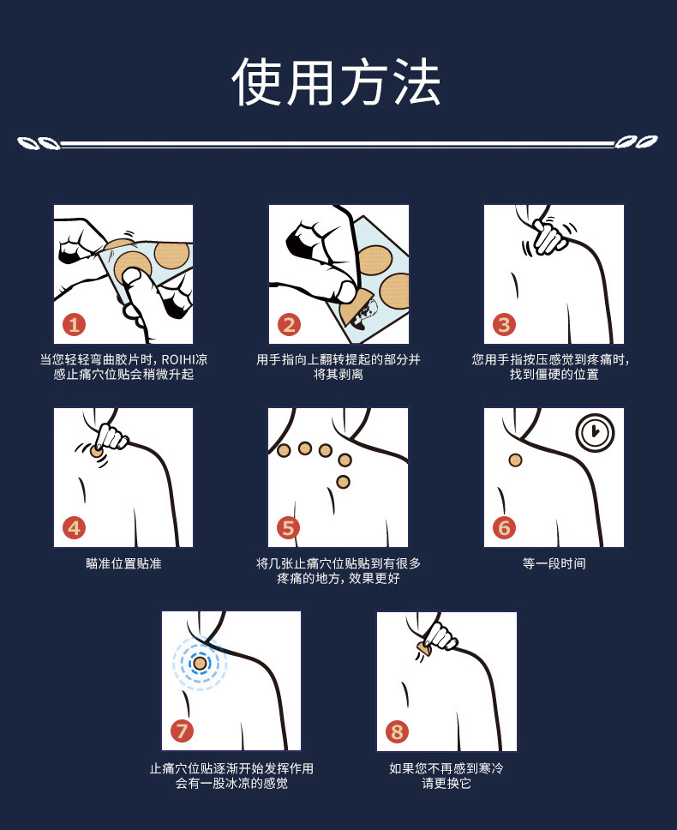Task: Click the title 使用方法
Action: coord(337,82)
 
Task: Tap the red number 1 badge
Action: coord(74,324)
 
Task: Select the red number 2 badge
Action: coord(290,324)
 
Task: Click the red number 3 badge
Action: coord(504,324)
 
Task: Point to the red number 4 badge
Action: coord(74,527)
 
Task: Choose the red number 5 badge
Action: coord(288,527)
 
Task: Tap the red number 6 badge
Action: coord(504,527)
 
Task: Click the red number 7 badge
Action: coord(182,731)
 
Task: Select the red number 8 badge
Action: coord(398,731)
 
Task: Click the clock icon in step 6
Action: coord(596,432)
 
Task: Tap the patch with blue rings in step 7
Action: coord(200,664)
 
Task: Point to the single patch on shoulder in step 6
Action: coord(516,460)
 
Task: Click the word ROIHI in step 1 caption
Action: coord(179,360)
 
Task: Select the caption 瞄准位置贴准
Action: coord(123,563)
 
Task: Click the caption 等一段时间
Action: coord(554,563)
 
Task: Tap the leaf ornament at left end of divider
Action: coord(39,143)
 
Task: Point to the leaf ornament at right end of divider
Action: coord(636,141)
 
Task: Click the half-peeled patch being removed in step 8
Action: coord(423,647)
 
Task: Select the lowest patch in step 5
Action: coord(344,482)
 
